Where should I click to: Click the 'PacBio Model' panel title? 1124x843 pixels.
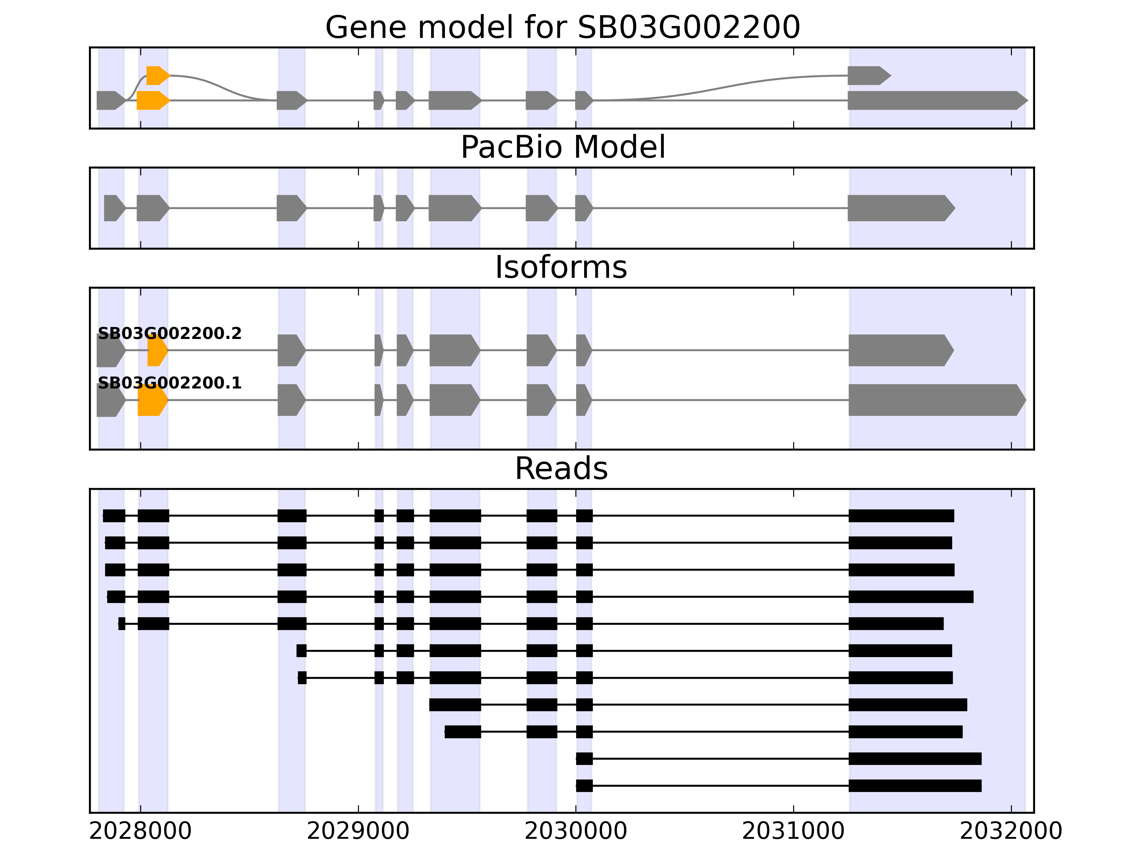[562, 148]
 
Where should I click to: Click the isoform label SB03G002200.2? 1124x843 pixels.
[169, 333]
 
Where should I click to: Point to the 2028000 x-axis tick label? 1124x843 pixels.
[140, 831]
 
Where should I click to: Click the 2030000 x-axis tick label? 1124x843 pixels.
[576, 831]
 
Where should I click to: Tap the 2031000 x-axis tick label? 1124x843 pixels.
[793, 831]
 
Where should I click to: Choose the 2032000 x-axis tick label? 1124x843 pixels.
[1011, 831]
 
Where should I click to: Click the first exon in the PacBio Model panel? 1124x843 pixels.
[114, 208]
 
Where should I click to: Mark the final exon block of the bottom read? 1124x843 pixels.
[915, 786]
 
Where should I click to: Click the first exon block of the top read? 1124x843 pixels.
[114, 516]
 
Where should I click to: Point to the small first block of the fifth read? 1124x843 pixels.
[122, 623]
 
